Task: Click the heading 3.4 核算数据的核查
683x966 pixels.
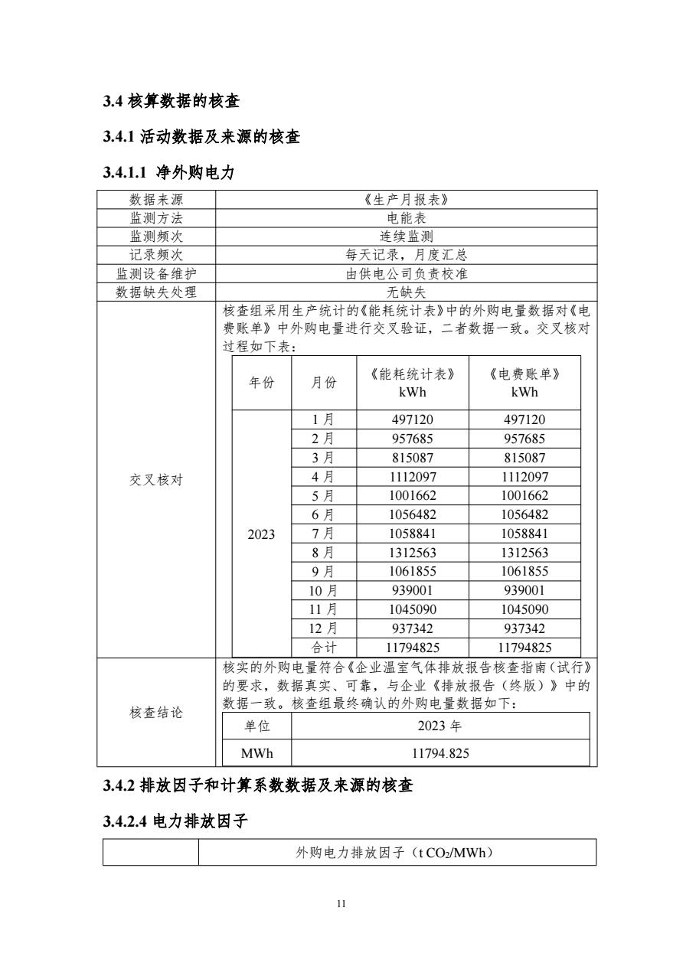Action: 175,100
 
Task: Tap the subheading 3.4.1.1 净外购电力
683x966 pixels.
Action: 168,173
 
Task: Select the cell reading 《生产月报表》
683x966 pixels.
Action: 406,201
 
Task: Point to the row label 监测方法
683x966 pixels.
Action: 156,219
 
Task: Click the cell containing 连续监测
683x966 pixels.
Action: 406,237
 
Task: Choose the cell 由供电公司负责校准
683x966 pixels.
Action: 406,273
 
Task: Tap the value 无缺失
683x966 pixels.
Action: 406,292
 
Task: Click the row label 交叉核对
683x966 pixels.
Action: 156,479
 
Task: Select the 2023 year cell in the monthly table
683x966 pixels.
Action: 261,534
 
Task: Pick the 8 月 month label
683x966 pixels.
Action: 323,553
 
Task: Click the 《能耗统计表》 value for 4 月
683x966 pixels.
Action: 412,477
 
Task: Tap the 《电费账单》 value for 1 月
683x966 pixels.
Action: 524,420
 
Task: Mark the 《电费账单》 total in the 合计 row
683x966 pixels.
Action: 524,648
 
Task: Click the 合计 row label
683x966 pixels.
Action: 323,648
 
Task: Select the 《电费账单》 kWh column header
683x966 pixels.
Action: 524,383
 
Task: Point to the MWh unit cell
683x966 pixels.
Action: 257,753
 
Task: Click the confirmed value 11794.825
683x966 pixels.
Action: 440,753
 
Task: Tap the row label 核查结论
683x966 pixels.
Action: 156,713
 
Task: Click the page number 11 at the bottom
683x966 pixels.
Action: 341,904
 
